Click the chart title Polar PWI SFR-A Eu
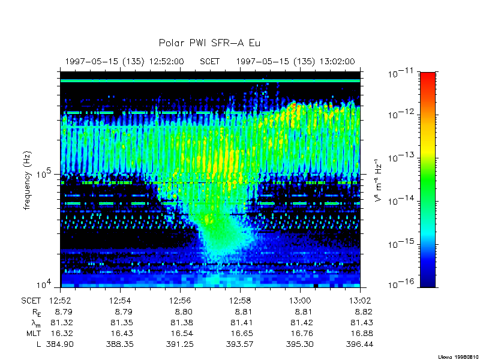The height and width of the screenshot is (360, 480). (x=209, y=43)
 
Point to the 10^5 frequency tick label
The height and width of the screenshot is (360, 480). (x=46, y=174)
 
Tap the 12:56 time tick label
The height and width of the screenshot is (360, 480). (x=179, y=300)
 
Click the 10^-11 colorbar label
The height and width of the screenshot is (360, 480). (x=400, y=74)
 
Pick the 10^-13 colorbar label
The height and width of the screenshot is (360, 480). (x=400, y=158)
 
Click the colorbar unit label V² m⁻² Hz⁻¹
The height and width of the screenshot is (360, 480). (x=378, y=179)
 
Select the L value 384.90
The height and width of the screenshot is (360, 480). (x=59, y=344)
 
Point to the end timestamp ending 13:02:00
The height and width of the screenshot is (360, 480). (x=295, y=61)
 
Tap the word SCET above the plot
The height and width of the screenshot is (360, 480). (x=210, y=61)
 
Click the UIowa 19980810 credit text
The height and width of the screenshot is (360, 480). (x=457, y=356)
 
